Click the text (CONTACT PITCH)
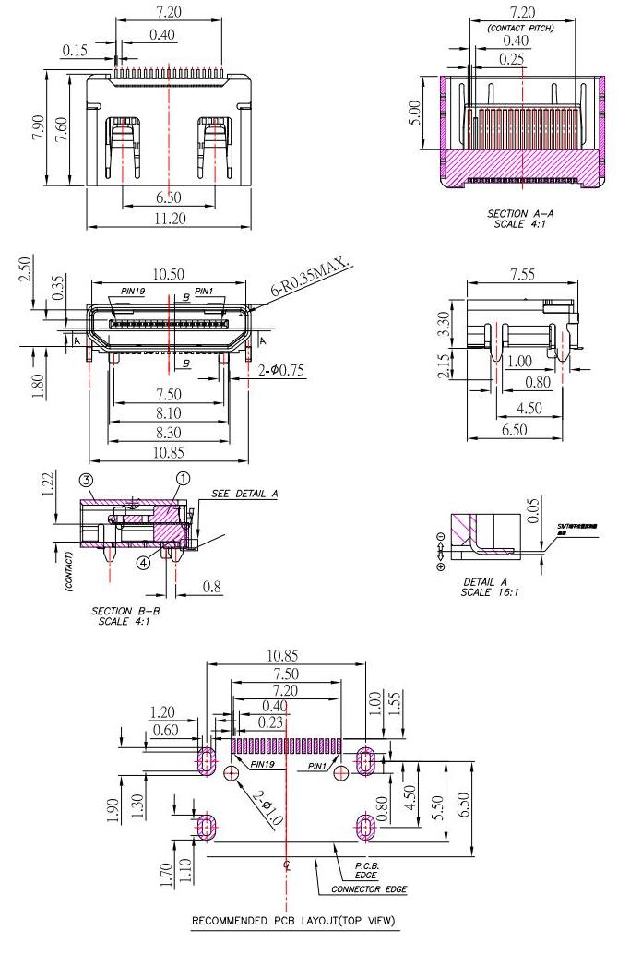click(521, 28)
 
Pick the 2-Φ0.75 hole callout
click(280, 371)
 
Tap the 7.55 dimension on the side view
click(522, 275)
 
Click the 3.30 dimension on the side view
click(443, 323)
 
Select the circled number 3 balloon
click(87, 480)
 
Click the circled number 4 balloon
click(144, 561)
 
